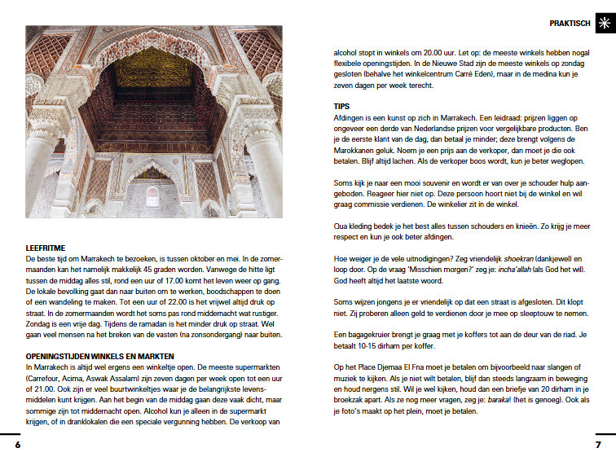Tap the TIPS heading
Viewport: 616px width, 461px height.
coord(341,107)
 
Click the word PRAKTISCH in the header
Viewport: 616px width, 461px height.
coord(570,24)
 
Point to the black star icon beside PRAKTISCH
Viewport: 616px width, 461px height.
coord(602,24)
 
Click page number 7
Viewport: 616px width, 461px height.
coord(597,445)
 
